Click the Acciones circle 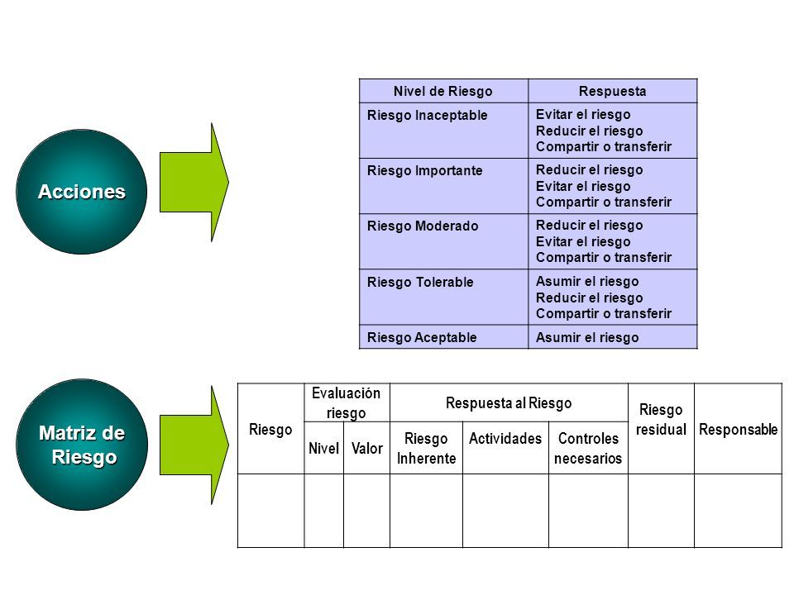tap(82, 192)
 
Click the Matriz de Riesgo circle tap(82, 445)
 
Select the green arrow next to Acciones tap(194, 182)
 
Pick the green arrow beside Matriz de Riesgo tap(194, 445)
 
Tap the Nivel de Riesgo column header tap(443, 92)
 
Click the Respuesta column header tap(613, 92)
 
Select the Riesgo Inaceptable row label tap(428, 116)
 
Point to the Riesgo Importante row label tap(425, 171)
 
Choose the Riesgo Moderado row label tap(423, 226)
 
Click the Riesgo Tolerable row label tap(420, 283)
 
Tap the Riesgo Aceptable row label tap(422, 337)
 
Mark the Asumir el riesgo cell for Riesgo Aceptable tap(587, 337)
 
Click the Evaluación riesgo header tap(347, 403)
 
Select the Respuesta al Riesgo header tap(509, 403)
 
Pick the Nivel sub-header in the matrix tap(323, 448)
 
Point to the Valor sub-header tap(367, 448)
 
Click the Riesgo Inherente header tap(427, 448)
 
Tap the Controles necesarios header tap(588, 448)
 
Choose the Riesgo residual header tap(661, 420)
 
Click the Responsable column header tap(739, 430)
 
